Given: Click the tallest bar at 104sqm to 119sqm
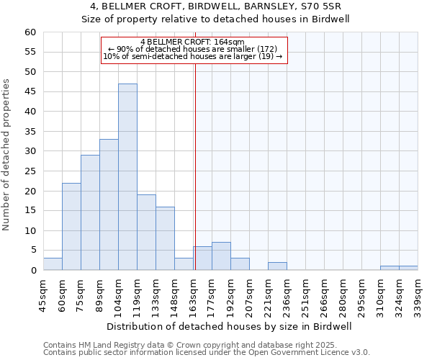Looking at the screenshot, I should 127,177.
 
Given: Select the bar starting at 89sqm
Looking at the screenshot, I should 109,204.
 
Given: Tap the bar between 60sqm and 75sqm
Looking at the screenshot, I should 71,227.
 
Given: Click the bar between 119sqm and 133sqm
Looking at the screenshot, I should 146,233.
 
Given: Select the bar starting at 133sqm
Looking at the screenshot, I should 165,238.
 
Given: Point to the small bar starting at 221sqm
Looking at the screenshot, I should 277,266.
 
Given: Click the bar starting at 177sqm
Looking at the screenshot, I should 221,256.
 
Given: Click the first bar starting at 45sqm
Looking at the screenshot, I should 53,264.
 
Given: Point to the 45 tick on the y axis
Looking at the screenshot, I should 30,91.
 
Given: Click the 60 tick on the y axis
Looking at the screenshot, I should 30,32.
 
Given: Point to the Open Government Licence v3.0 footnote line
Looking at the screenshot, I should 207,353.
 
